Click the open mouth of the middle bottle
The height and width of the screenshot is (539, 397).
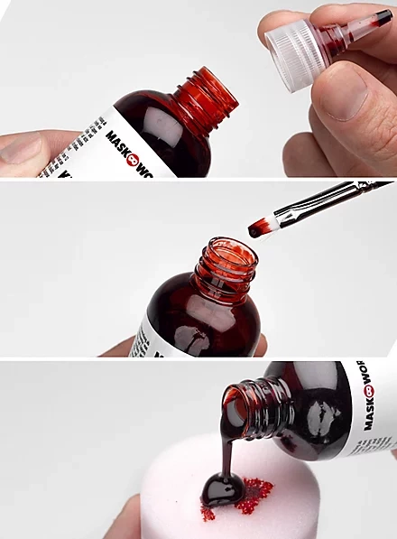tap(228, 248)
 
